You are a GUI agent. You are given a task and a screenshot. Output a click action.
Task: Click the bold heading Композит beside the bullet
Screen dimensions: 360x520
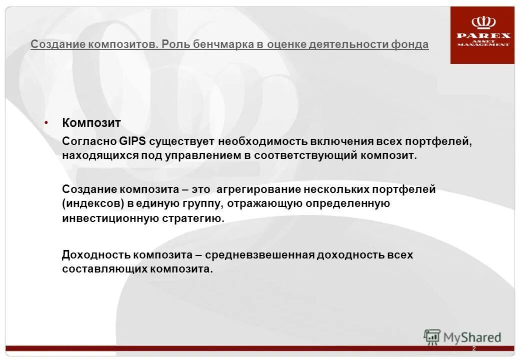[x=91, y=122]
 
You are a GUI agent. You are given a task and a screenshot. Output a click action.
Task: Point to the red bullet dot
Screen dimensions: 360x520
[x=46, y=122]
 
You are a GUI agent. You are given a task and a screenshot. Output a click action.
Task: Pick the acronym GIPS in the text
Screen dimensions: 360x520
[x=132, y=141]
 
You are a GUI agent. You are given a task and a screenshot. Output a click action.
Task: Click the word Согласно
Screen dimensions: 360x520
[x=89, y=141]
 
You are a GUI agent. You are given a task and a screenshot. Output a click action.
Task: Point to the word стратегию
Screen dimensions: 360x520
[x=196, y=218]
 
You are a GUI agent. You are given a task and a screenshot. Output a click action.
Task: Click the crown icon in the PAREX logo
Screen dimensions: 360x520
[x=483, y=22]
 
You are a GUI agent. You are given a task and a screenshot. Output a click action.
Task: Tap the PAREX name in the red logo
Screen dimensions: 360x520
[x=483, y=35]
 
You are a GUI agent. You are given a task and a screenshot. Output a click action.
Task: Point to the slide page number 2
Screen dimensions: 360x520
[x=473, y=348]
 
